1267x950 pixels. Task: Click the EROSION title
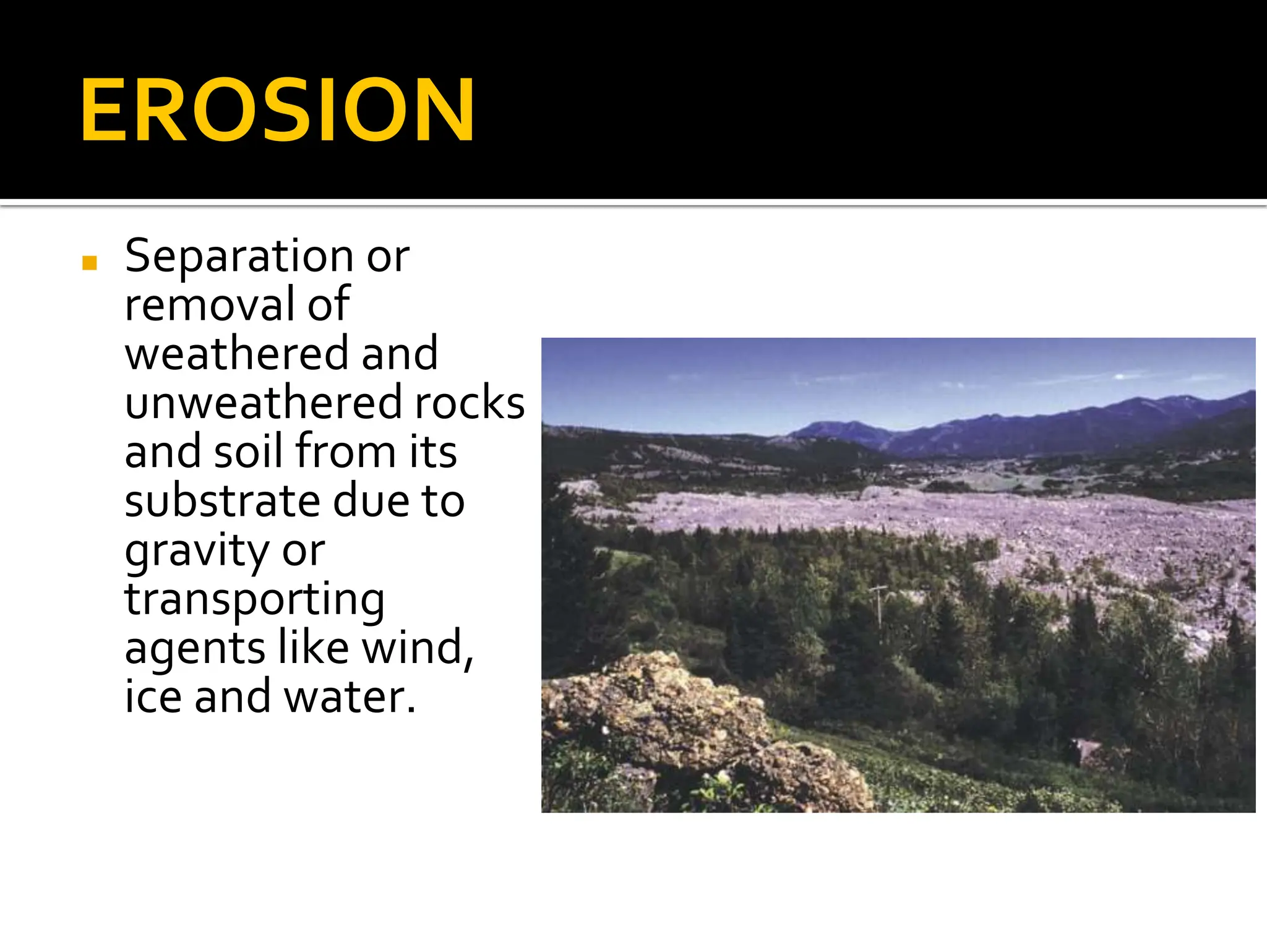click(277, 111)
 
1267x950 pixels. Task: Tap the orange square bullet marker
click(90, 263)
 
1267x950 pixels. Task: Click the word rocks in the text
click(470, 403)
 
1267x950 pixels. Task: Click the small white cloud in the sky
click(1120, 376)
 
